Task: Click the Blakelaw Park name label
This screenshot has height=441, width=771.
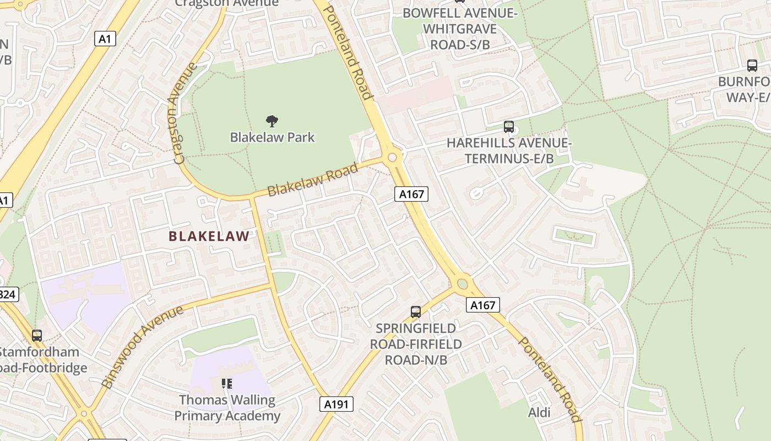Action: pyautogui.click(x=272, y=137)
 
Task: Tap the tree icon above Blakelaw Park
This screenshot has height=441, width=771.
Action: pyautogui.click(x=272, y=121)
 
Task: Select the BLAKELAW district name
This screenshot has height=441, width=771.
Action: pyautogui.click(x=209, y=236)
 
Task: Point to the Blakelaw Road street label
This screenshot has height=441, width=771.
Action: pyautogui.click(x=312, y=180)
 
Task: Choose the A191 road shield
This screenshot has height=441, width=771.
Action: pyautogui.click(x=336, y=404)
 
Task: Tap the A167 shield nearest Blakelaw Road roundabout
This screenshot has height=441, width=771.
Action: pyautogui.click(x=411, y=194)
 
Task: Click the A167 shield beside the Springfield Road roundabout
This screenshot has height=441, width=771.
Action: pyautogui.click(x=482, y=305)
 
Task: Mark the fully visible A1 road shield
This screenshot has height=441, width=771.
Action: pyautogui.click(x=105, y=39)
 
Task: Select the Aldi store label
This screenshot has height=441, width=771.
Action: pyautogui.click(x=539, y=412)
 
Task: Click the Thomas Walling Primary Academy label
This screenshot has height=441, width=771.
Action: pyautogui.click(x=227, y=407)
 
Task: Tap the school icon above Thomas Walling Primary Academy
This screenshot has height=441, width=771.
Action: pyautogui.click(x=226, y=383)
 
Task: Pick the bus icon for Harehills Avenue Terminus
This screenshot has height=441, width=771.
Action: pyautogui.click(x=508, y=127)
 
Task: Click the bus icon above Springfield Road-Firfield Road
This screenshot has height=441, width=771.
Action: pyautogui.click(x=416, y=312)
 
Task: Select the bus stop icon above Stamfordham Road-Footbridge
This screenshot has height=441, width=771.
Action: pyautogui.click(x=37, y=335)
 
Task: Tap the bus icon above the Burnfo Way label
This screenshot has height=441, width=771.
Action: pyautogui.click(x=752, y=66)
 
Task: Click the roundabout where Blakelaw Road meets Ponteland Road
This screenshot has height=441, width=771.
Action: pyautogui.click(x=392, y=158)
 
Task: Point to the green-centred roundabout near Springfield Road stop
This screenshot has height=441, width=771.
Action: pyautogui.click(x=463, y=284)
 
